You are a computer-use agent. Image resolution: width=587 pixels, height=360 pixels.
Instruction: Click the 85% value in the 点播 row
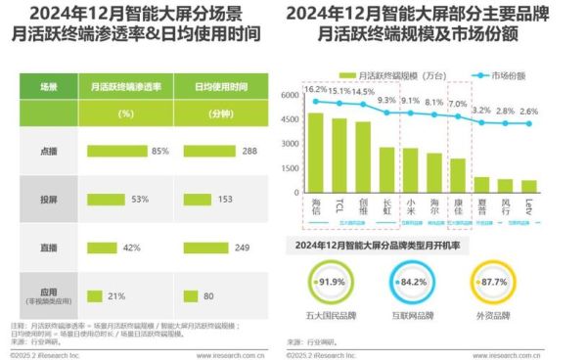(160, 152)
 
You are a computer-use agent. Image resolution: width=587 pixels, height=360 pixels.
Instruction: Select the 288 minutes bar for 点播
(220, 152)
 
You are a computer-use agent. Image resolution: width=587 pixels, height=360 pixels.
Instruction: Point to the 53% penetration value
(139, 200)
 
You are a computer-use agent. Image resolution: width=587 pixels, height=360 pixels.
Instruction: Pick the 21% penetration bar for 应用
(96, 295)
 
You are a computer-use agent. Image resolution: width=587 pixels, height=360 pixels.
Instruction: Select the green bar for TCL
(339, 159)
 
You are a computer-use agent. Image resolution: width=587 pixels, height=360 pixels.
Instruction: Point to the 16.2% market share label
(315, 89)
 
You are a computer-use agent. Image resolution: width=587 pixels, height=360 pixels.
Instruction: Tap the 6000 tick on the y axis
(288, 96)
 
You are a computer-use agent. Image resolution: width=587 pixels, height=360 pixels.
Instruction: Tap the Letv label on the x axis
(529, 212)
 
